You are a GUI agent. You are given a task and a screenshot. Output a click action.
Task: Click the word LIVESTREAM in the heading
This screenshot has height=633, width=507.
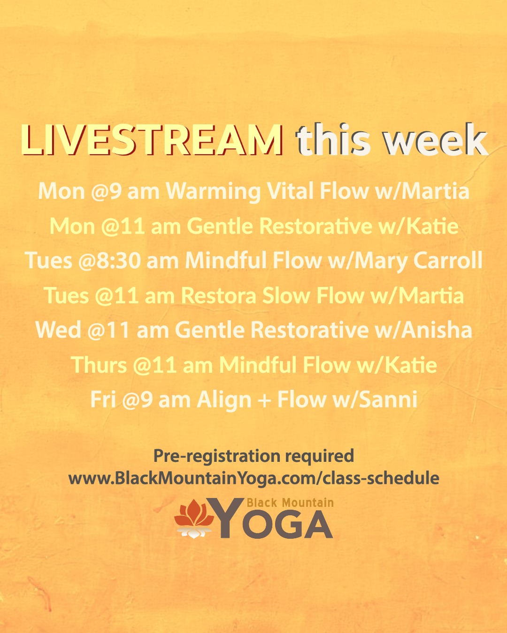click(152, 140)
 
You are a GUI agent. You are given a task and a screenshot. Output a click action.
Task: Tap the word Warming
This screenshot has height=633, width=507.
click(213, 191)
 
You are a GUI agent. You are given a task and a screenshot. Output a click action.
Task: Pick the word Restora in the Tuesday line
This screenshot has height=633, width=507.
click(218, 295)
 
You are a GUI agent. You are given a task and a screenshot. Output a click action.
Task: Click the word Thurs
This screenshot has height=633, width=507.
click(99, 365)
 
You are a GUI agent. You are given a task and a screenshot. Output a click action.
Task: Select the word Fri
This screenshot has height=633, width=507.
click(103, 399)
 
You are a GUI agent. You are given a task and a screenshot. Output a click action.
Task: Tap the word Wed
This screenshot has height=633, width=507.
click(58, 330)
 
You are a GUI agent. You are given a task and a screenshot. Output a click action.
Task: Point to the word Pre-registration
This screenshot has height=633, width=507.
click(216, 456)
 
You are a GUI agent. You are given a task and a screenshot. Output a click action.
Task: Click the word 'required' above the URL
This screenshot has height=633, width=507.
click(319, 456)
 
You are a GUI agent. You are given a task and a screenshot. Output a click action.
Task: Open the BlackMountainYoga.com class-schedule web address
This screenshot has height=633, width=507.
click(253, 478)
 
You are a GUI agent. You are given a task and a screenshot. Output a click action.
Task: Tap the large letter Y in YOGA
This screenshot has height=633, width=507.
click(225, 517)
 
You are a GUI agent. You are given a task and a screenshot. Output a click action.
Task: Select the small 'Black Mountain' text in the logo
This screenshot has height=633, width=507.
click(290, 503)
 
